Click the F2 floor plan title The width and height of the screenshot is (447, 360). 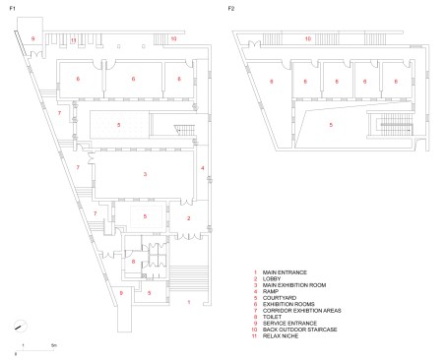tap(231, 8)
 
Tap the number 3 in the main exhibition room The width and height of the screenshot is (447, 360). tap(145, 174)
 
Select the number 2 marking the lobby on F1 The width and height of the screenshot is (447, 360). tap(189, 217)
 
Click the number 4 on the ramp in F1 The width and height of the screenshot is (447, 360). tap(203, 169)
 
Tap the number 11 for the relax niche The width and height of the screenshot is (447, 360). tap(74, 39)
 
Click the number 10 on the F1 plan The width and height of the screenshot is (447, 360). tap(173, 38)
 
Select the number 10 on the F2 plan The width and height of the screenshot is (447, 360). tap(306, 39)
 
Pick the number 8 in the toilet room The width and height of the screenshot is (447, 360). tap(134, 262)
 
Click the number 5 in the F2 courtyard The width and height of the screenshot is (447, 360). tap(331, 125)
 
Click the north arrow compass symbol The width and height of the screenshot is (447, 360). tap(18, 328)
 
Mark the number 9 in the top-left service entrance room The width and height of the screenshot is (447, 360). tap(33, 36)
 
